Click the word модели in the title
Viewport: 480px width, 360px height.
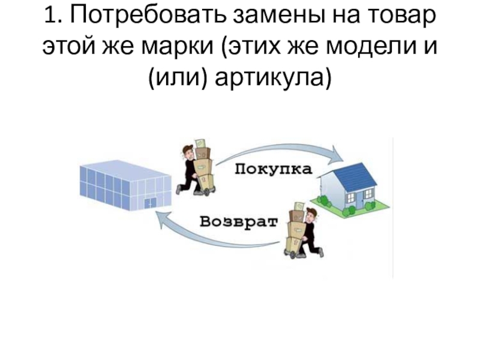click(365, 47)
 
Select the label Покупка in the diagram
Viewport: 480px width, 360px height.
click(272, 169)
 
